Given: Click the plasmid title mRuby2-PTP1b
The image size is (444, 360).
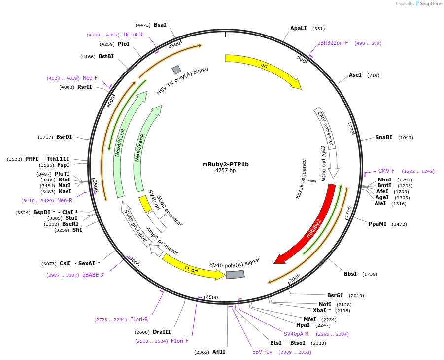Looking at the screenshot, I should point(225,164).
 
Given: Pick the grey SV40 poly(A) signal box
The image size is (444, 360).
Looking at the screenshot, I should point(236,274).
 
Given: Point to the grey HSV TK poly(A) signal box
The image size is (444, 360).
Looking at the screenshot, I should point(176,70).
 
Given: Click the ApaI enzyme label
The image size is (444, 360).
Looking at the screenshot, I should point(298,29).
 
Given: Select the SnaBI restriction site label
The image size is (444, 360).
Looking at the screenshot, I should point(384,138).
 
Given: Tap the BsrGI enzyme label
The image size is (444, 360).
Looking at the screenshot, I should point(335,296).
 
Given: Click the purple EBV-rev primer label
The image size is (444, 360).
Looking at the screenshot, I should point(262,352).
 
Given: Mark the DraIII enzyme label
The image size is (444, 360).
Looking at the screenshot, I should point(161,332).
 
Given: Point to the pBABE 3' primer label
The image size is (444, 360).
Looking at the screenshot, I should point(93,275).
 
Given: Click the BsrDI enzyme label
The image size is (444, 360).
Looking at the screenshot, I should point(64,137).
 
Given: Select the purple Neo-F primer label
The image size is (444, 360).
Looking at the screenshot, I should point(90,78).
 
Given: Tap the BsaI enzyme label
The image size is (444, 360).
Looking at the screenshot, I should point(160,25).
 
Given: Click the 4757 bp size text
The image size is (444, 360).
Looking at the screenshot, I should point(225,171).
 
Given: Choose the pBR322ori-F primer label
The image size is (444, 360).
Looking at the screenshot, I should point(333,43).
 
